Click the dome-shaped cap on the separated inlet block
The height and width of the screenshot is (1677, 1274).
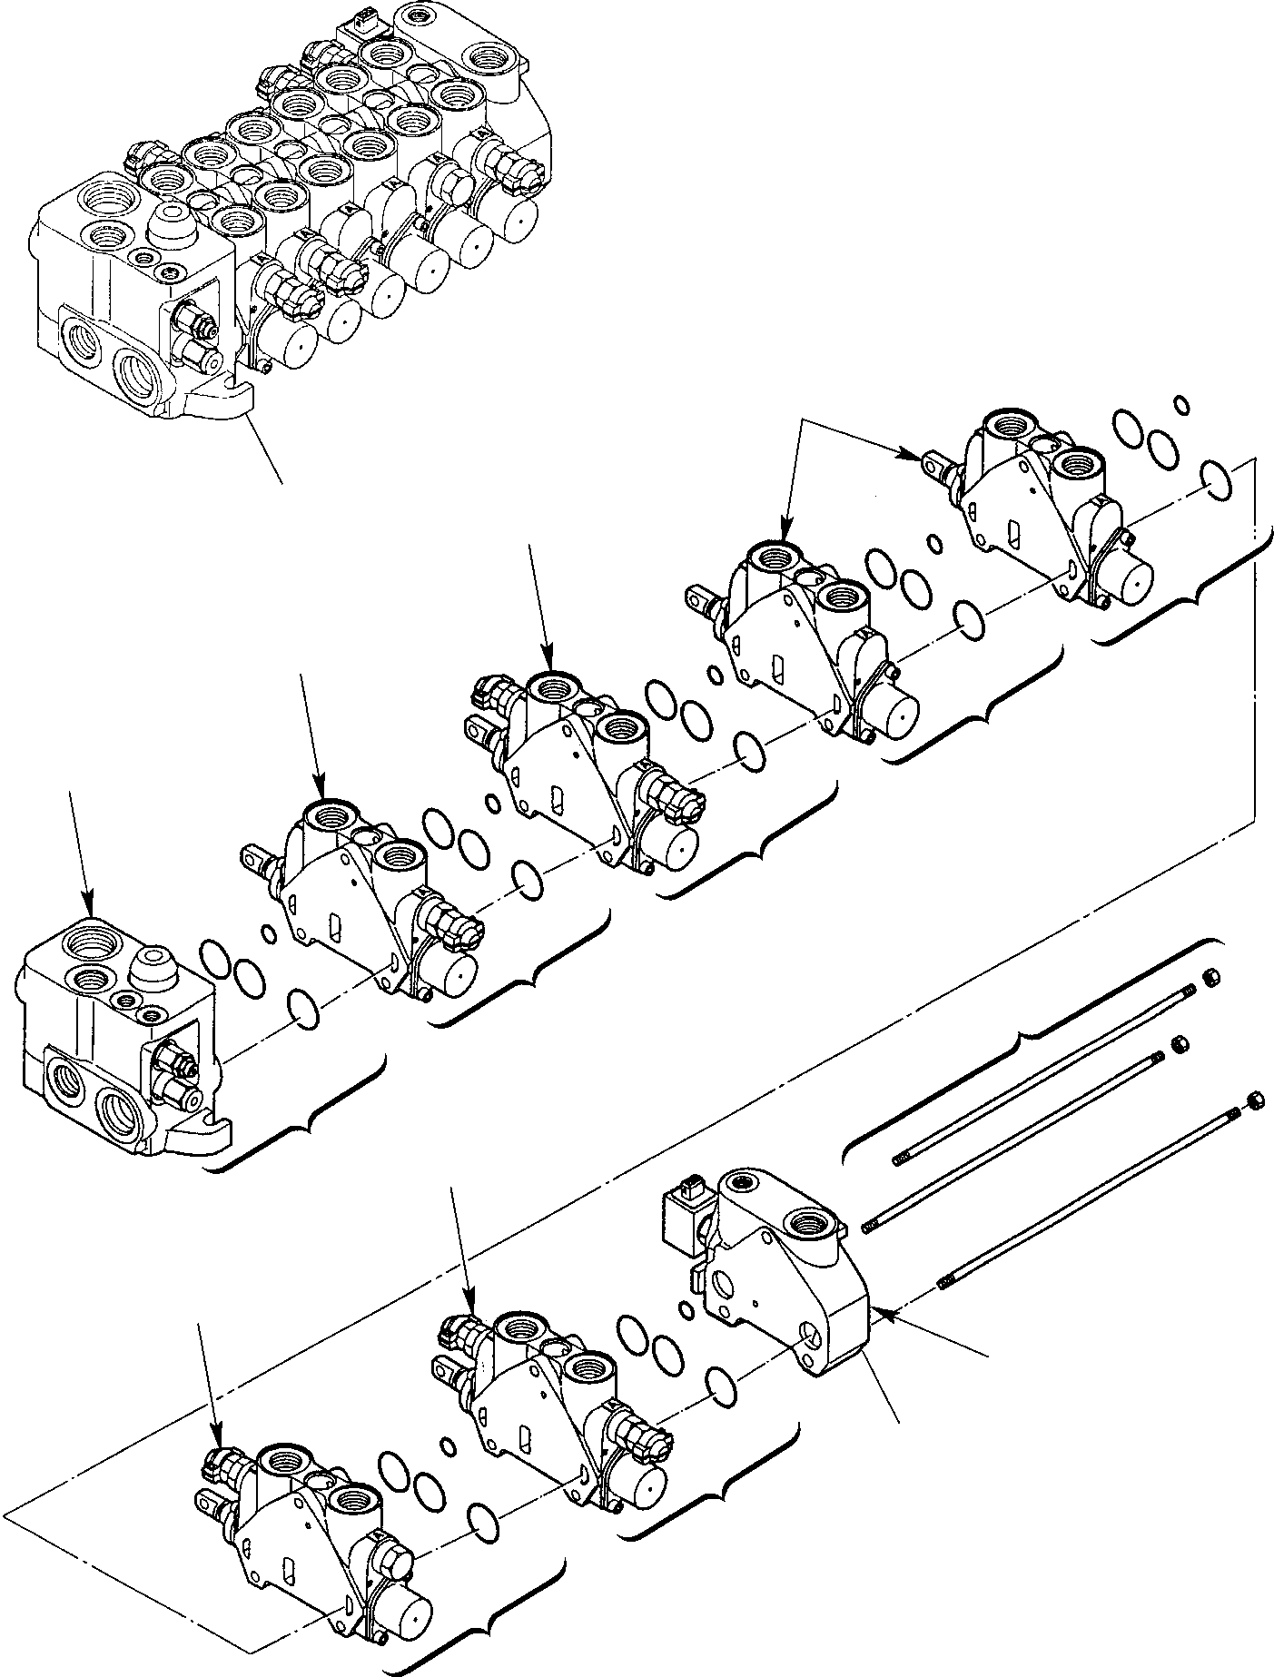[x=150, y=971]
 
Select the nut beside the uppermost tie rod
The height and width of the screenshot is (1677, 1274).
[x=1210, y=978]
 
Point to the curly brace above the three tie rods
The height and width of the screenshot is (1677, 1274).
[x=1026, y=1035]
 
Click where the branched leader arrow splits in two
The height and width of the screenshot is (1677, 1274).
[x=803, y=420]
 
